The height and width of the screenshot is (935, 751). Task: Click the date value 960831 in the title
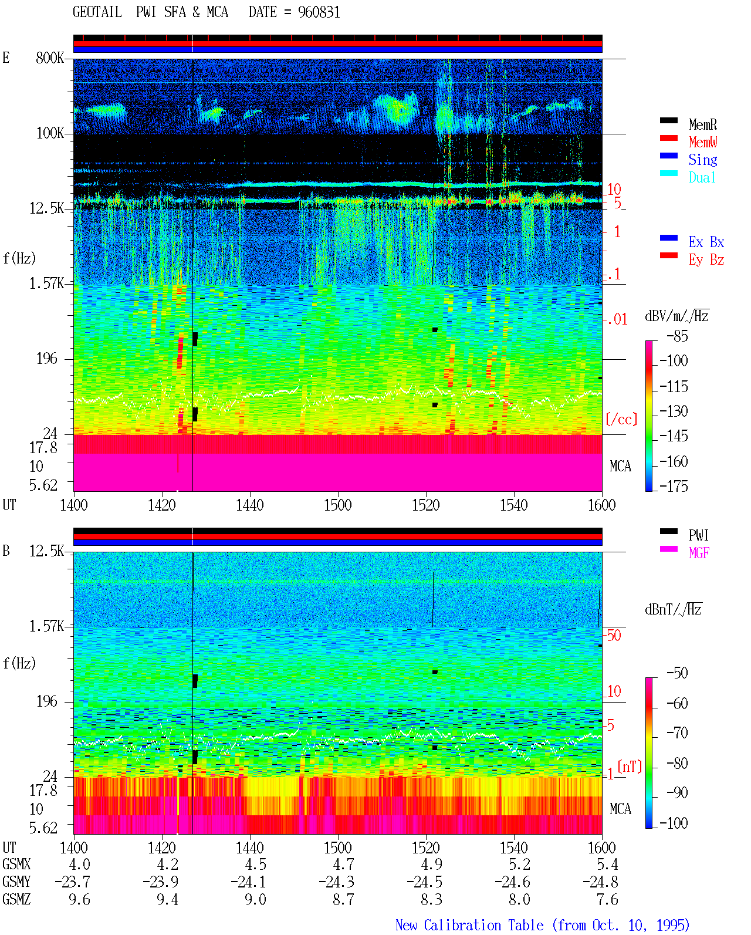coord(319,12)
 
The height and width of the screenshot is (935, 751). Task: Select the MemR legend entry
coord(703,124)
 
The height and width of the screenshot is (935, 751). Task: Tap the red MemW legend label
coord(703,142)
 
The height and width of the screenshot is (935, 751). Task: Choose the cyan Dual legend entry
coord(702,177)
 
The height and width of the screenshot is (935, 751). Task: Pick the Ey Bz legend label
coord(706,259)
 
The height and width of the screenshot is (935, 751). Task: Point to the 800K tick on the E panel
coord(50,58)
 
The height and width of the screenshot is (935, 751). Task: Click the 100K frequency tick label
coord(50,133)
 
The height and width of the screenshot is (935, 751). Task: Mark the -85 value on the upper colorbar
coord(677,336)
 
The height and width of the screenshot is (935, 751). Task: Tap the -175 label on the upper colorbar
coord(674,486)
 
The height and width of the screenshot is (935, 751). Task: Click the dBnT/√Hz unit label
coord(673,609)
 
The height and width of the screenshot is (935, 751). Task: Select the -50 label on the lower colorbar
coord(677,673)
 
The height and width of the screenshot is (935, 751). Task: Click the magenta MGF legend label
coord(699,553)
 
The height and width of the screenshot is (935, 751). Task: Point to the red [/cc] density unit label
coord(621,419)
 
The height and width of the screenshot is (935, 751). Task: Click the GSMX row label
coord(16,864)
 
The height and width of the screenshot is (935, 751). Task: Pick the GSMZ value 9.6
coord(79,899)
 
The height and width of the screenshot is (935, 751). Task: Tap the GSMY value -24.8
coord(600,882)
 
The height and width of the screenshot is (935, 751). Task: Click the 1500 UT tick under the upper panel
coord(337,505)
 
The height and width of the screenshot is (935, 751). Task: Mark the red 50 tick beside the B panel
coord(614,635)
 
